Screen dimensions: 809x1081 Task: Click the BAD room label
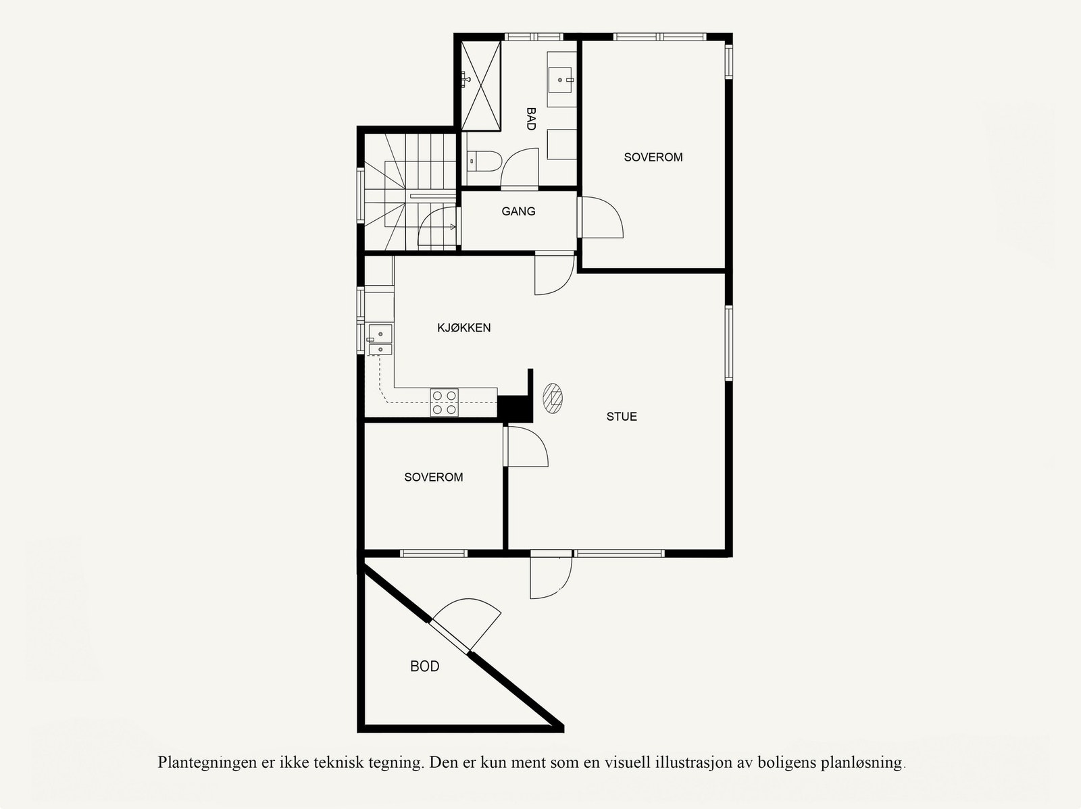[531, 119]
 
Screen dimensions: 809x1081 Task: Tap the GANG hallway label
[518, 211]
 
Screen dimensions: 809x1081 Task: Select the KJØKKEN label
[463, 328]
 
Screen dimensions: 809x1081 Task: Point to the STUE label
[622, 417]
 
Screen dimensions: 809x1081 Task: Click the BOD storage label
[425, 667]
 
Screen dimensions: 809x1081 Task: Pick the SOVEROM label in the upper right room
[653, 157]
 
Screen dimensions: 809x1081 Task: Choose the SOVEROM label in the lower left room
[434, 477]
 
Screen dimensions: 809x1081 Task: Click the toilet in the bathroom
[484, 161]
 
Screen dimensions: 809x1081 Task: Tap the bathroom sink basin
[560, 79]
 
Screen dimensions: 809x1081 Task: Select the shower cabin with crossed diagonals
[481, 85]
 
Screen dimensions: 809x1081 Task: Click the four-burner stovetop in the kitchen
[445, 402]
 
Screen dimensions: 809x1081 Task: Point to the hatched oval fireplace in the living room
[553, 398]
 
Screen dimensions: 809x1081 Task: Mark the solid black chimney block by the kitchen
[513, 407]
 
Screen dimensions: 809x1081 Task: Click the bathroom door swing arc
[520, 167]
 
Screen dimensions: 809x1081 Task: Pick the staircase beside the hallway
[409, 192]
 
